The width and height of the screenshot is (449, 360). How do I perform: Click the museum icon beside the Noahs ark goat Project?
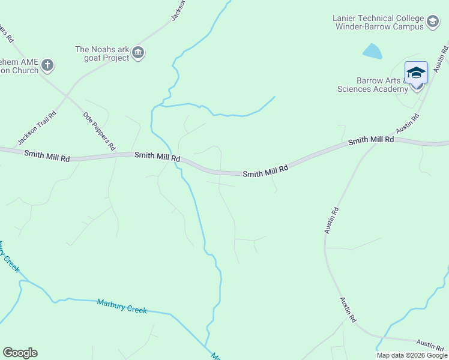[139, 53]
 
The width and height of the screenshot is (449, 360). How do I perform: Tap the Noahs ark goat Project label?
[102, 53]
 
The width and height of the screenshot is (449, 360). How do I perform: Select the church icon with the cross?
[47, 65]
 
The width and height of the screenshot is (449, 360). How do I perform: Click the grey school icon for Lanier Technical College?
[432, 23]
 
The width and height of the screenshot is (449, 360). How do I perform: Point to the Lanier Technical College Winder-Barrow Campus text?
[378, 22]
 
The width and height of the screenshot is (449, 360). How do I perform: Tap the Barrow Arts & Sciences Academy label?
[373, 85]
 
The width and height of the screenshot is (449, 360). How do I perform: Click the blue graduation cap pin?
[416, 73]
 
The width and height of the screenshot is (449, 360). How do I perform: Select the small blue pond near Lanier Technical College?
[372, 52]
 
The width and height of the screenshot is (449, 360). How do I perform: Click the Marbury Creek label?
[122, 305]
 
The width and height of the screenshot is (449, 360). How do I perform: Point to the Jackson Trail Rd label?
[37, 128]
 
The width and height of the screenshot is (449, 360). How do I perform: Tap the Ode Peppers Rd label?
[99, 130]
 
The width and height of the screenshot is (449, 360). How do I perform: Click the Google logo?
[20, 353]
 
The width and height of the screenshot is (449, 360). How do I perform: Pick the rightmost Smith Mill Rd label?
[371, 140]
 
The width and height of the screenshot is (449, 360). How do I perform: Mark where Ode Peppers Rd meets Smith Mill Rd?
[118, 154]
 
